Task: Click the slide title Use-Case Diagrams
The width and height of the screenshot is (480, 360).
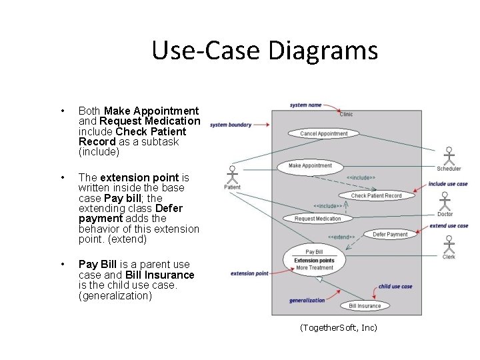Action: [x=264, y=51]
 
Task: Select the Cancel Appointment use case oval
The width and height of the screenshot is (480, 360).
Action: [x=323, y=133]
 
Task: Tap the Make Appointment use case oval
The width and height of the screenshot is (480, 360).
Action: [x=310, y=165]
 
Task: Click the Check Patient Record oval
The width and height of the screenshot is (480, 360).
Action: [x=376, y=195]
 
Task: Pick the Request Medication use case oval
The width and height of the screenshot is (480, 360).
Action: [x=317, y=219]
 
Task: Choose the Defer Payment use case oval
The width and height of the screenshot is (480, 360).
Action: [x=389, y=235]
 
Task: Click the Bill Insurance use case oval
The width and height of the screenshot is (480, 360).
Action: [x=365, y=306]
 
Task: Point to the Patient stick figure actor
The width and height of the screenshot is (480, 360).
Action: [x=232, y=175]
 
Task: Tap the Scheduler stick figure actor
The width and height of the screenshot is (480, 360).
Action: [x=449, y=156]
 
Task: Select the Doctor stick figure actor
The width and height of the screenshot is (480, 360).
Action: [x=445, y=203]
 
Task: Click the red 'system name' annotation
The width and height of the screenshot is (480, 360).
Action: [x=305, y=105]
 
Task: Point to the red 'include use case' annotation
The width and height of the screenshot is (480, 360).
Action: [x=447, y=183]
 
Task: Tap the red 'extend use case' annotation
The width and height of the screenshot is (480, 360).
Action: [x=448, y=226]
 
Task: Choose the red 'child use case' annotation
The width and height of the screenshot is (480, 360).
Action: [x=395, y=287]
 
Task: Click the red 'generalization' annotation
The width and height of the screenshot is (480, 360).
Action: [x=307, y=300]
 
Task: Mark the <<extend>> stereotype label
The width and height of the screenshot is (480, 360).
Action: [x=341, y=237]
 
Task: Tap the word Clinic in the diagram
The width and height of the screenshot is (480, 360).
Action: [x=346, y=115]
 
